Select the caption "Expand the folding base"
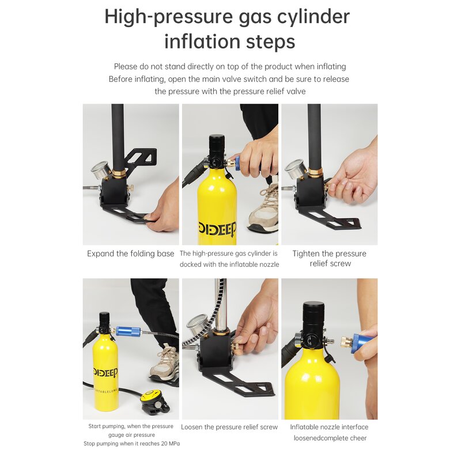coord(131,254)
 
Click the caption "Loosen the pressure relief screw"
coord(229,427)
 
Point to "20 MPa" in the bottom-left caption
coord(170,443)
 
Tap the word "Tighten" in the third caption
coord(306,254)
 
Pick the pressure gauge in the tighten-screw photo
coord(296,169)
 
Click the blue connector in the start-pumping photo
coord(129,331)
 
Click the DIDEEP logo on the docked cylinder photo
coord(217,229)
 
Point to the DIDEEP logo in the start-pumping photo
coord(106,372)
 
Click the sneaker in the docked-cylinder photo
coord(263,208)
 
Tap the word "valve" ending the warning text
coord(296,92)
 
